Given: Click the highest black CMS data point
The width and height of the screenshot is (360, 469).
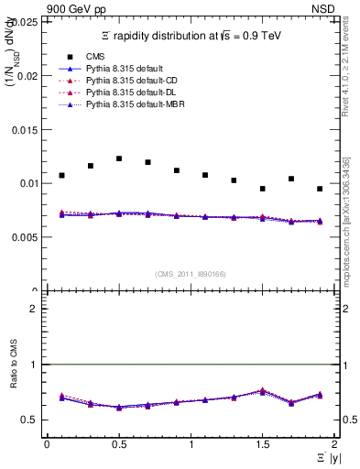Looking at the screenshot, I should (119, 158).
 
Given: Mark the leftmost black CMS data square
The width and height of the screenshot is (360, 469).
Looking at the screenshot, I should (61, 175).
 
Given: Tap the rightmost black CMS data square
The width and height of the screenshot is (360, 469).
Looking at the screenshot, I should (320, 189).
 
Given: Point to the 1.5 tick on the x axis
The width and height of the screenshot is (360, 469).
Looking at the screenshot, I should (262, 444).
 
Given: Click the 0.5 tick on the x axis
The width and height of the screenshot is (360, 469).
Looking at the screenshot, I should (118, 444).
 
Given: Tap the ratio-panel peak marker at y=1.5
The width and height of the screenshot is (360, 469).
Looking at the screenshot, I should (262, 391).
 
